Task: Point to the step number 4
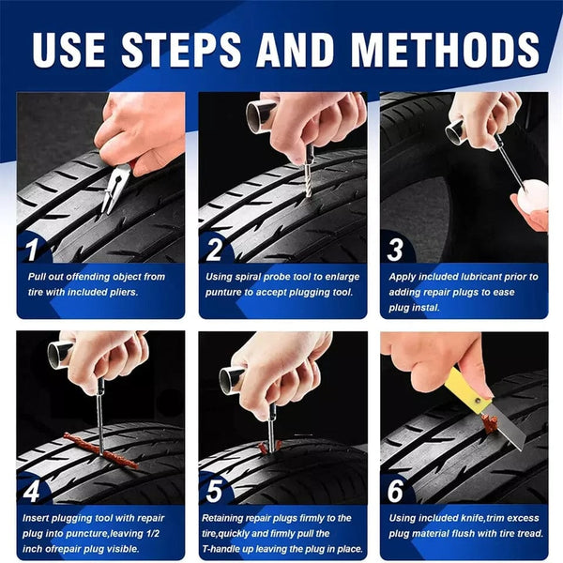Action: coord(32,489)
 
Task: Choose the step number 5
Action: coord(214,489)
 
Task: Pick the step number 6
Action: coord(395,489)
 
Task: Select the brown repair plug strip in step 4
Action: coord(99,449)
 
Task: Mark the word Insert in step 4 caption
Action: coord(37,517)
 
